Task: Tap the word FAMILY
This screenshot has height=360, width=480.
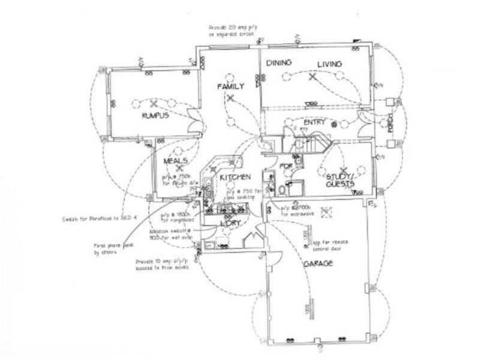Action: pyautogui.click(x=231, y=87)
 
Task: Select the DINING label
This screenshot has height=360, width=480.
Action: pyautogui.click(x=279, y=63)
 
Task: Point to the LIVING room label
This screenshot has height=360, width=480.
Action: pyautogui.click(x=329, y=64)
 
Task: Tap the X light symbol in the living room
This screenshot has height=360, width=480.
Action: pyautogui.click(x=311, y=77)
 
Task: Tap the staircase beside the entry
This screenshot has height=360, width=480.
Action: pyautogui.click(x=311, y=143)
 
